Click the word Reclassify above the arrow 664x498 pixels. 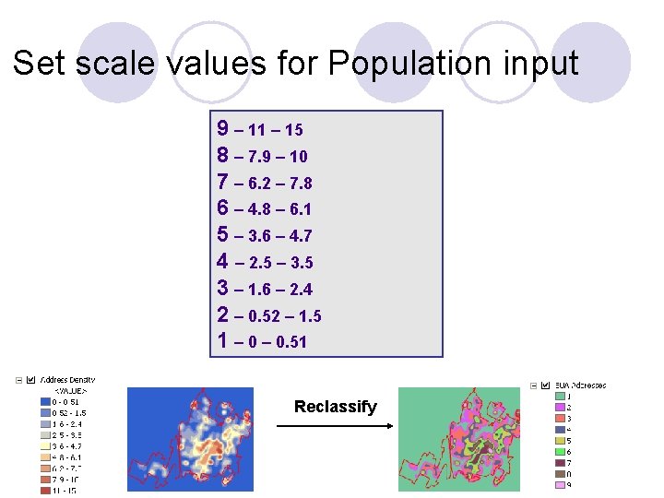(x=336, y=407)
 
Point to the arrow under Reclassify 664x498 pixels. (x=335, y=425)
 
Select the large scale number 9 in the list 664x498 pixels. (x=223, y=128)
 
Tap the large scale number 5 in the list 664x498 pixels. (x=223, y=234)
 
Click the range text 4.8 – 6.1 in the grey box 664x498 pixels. (x=279, y=209)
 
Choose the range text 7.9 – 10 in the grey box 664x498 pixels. (x=278, y=156)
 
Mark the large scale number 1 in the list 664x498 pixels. (x=223, y=340)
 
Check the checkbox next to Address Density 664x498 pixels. (x=32, y=379)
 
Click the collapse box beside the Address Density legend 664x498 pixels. (x=18, y=379)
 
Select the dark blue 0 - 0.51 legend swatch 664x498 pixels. (x=44, y=401)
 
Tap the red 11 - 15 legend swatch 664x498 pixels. (x=44, y=490)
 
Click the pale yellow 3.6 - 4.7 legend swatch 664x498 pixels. (x=44, y=445)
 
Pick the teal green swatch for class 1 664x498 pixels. (x=559, y=396)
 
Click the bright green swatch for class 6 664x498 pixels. (x=559, y=451)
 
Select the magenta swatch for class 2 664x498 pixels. (x=559, y=407)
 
